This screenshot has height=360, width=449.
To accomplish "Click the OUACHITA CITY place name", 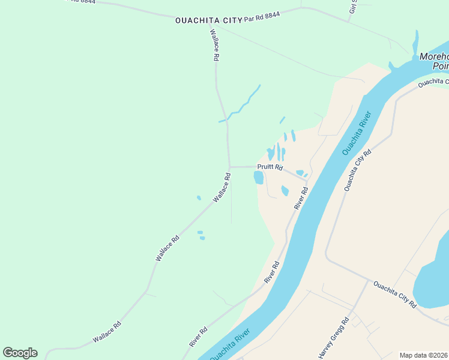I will tap(208, 20).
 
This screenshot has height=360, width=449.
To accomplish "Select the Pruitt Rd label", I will tap(270, 167).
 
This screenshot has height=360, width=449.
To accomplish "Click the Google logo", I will tap(20, 353).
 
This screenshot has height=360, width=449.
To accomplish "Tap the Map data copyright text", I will tap(424, 355).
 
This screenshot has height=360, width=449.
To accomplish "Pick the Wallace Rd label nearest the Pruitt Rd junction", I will tap(221, 187).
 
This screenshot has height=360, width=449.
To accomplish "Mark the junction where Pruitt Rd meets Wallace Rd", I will tap(229, 167).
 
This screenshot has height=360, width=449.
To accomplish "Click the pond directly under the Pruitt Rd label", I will tap(259, 178).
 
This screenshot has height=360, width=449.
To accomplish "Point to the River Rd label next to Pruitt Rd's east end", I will tap(301, 198).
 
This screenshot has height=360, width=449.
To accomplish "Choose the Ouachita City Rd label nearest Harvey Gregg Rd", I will tap(395, 294).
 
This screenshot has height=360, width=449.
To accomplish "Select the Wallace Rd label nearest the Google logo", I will tap(107, 332).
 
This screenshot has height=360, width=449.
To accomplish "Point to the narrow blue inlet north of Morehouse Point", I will tap(415, 43).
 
